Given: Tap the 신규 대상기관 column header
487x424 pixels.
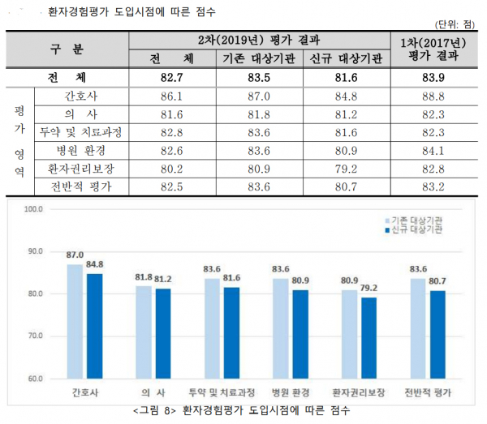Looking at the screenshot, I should click(345, 59).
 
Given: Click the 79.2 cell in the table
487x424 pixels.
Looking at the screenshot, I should click(345, 169).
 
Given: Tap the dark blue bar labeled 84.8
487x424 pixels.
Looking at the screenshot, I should click(94, 325).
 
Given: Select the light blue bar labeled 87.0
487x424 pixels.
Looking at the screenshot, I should click(75, 320).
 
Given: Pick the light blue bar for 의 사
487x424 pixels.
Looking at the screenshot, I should click(143, 332).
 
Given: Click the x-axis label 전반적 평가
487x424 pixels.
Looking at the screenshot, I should click(428, 392).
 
